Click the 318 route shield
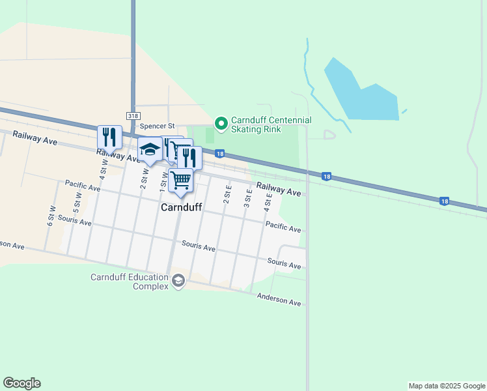pos(133,115)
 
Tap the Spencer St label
pos(158,125)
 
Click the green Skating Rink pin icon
pos(221,123)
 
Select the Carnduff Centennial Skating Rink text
pos(262,124)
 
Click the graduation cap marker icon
pos(150,149)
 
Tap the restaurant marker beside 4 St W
pos(109,137)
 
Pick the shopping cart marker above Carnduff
pos(181,180)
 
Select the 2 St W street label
pos(144,177)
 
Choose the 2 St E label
pos(227,194)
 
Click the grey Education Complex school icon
pos(178,282)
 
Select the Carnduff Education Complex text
pos(129,282)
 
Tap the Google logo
pos(21,383)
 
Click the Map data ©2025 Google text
pos(447,386)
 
